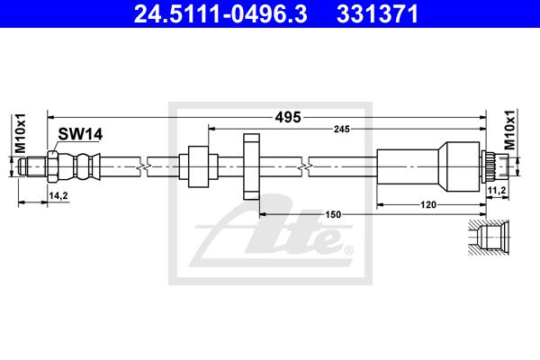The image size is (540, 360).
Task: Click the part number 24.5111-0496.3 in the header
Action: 220,13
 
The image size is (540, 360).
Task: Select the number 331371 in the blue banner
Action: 377,13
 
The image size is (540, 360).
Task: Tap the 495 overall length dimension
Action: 288,118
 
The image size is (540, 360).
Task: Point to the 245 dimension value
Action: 342,130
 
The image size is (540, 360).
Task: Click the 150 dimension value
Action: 333,214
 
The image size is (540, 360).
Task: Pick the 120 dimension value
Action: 428,205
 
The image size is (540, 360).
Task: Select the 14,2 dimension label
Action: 58,196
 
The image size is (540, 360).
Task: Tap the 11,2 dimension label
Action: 496,190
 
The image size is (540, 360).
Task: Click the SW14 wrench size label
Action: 80,134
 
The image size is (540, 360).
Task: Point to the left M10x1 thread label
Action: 21,133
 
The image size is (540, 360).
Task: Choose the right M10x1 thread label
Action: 509,130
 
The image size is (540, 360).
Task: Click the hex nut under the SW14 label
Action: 52,166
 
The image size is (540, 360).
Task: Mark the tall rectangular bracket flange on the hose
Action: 251,167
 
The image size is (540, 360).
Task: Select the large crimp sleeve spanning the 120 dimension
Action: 428,166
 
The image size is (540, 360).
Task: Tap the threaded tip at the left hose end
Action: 32,166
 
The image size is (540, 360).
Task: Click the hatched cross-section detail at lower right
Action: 489,238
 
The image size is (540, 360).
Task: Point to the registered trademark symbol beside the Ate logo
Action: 348,250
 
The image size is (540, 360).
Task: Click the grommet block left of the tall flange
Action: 198,166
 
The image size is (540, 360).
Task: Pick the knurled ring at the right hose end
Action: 489,166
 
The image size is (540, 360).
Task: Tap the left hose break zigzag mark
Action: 144,166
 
